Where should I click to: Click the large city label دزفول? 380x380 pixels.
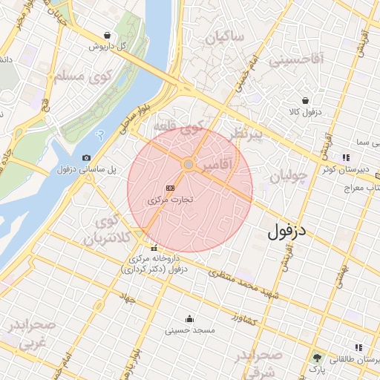coord(288,232)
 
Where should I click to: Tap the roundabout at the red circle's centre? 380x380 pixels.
coord(189,163)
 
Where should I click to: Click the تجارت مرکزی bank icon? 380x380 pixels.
coord(171,189)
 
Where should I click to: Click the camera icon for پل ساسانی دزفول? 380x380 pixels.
coord(87,157)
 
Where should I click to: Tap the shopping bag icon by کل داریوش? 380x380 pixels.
coord(108,35)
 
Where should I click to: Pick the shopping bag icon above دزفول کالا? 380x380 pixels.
coord(305,100)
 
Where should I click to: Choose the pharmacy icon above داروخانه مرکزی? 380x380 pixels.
coord(154,248)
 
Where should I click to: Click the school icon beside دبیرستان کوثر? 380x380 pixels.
coord(346,157)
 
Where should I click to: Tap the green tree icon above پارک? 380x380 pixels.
coord(317,357)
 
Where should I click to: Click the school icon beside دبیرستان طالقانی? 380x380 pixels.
coord(359,347)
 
